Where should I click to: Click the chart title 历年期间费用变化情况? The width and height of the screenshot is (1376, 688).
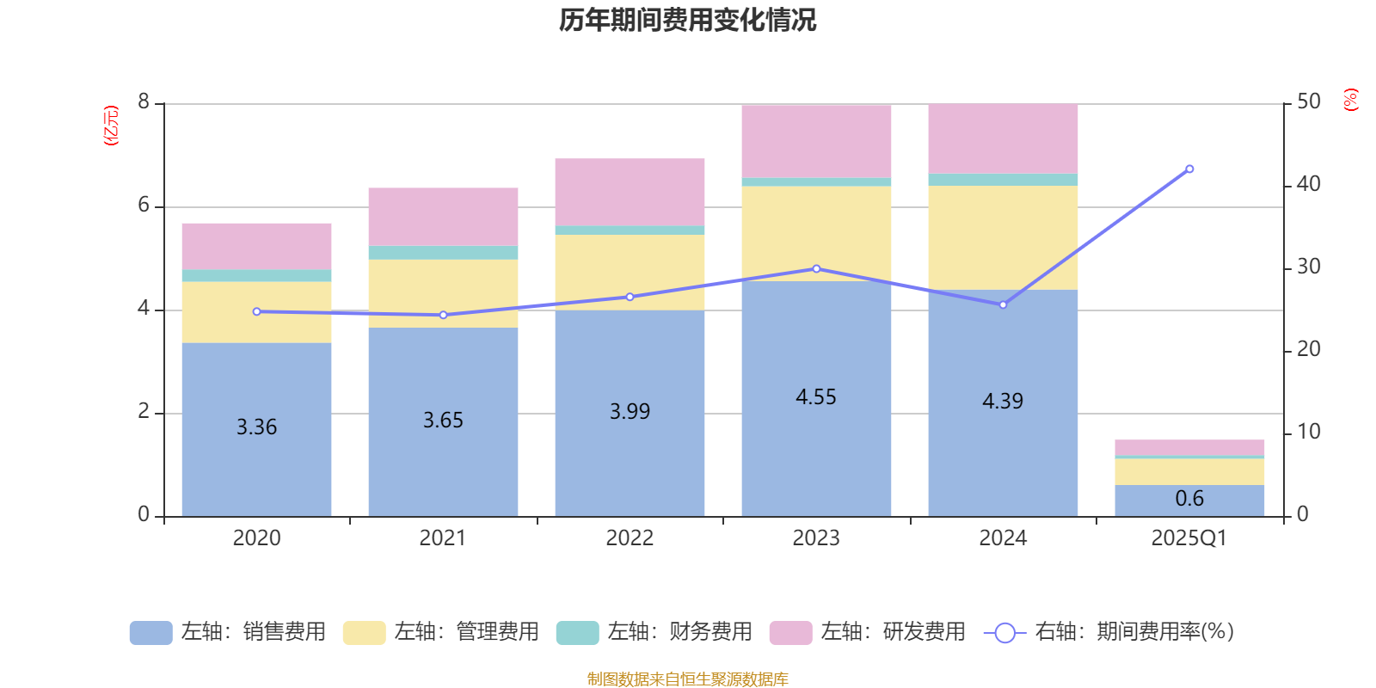[x=687, y=20]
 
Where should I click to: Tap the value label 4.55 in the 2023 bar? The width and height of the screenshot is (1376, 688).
[x=815, y=397]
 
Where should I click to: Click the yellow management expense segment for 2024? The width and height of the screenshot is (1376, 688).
[x=1003, y=237]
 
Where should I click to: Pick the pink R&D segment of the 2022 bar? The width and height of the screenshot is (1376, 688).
[x=630, y=191]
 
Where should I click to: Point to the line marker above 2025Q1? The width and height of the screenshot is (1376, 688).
[x=1189, y=169]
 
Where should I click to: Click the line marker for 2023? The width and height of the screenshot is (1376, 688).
[x=816, y=269]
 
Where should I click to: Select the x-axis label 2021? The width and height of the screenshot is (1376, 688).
[x=443, y=538]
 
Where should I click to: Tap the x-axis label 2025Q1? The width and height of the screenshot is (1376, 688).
[x=1189, y=538]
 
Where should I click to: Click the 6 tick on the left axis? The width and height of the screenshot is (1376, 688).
[x=144, y=206]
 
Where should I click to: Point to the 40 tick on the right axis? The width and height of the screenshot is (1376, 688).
[x=1308, y=184]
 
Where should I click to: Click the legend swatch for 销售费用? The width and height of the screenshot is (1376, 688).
[x=150, y=633]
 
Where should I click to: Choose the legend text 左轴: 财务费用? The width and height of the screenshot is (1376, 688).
[x=679, y=632]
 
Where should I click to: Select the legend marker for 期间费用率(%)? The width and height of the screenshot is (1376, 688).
[x=1004, y=633]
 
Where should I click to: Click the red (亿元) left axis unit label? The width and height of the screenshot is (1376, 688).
[x=111, y=126]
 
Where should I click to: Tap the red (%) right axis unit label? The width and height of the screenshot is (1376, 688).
[x=1350, y=100]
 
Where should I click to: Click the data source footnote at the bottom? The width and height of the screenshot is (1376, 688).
[x=687, y=679]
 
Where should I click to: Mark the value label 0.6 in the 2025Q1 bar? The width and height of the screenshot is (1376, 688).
[x=1189, y=499]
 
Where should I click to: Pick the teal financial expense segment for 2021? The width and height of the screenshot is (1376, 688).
[x=443, y=253]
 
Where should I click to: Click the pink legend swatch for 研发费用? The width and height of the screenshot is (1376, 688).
[x=790, y=633]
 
